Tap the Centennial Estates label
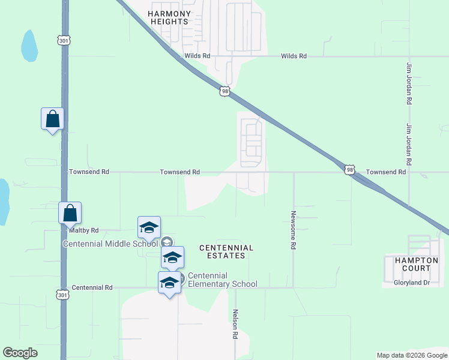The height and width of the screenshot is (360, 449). click(226, 251)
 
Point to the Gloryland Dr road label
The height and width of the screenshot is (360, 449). click(412, 283)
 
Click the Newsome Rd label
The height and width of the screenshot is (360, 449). click(294, 230)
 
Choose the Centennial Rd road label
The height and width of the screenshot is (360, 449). click(92, 288)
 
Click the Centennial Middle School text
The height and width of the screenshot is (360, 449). click(110, 243)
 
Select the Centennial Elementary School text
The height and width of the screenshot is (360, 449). click(222, 280)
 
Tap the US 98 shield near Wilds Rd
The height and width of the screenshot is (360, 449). click(224, 91)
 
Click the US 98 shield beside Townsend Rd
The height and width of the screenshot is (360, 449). click(350, 170)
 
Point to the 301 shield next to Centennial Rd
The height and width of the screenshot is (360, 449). click(64, 295)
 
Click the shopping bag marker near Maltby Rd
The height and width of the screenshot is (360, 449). click(70, 213)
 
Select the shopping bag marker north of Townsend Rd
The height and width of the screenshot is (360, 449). click(52, 119)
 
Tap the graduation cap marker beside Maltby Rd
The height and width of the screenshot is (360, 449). click(149, 227)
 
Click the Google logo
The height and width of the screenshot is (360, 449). click(20, 353)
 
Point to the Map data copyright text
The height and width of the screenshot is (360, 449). click(411, 355)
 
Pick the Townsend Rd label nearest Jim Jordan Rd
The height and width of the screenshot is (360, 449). click(386, 172)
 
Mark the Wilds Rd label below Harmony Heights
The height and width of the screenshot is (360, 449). click(197, 56)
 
